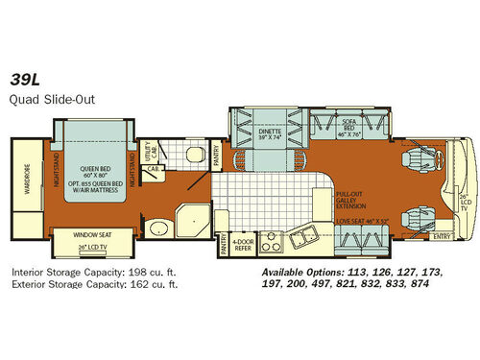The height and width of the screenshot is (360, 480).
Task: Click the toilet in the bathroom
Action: click(194, 155)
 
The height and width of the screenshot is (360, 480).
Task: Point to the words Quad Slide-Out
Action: click(44, 99)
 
